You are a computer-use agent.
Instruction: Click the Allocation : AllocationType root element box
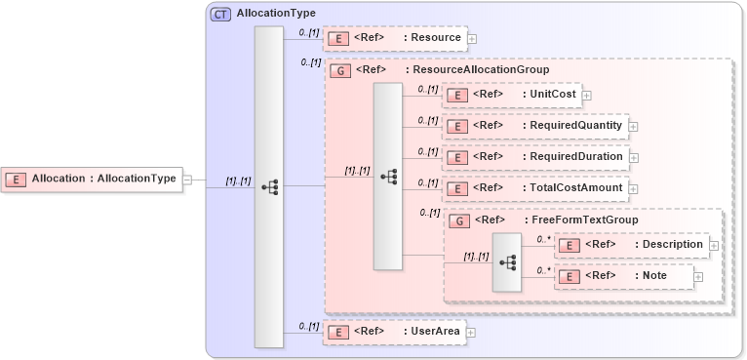click(x=92, y=179)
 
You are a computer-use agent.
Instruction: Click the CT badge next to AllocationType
click(x=220, y=14)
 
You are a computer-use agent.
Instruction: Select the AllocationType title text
click(x=276, y=14)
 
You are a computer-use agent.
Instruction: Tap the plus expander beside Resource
click(x=472, y=39)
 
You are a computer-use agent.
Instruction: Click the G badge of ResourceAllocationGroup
click(x=341, y=70)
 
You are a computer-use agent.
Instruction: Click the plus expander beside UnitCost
click(x=588, y=96)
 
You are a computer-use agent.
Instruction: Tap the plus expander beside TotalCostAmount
click(x=633, y=188)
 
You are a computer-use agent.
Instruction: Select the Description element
click(x=667, y=245)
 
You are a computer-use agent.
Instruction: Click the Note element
click(x=653, y=276)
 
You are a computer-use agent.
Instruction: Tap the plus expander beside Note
click(x=698, y=277)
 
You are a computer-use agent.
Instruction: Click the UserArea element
click(x=433, y=332)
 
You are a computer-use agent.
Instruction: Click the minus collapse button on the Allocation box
click(x=187, y=180)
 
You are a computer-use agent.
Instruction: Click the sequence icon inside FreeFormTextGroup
click(x=507, y=261)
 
